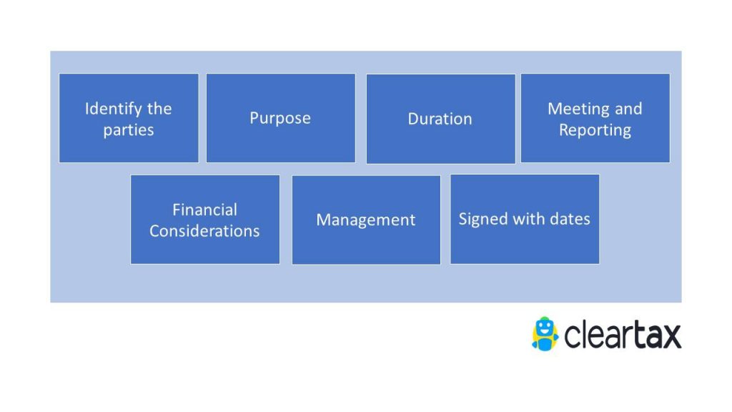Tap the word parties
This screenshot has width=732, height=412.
point(128,130)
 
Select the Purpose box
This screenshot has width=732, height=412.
point(280,118)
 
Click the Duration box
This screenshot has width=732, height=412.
point(440,119)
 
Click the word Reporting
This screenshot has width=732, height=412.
point(595,130)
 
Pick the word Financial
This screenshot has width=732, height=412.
point(204,210)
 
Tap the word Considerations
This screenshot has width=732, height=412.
point(204,231)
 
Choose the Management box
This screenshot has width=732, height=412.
point(366,220)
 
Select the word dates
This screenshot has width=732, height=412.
point(569,219)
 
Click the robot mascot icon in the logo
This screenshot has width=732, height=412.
point(545,333)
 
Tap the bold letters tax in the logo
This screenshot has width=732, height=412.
point(656,335)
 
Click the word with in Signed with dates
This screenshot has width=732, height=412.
point(528,219)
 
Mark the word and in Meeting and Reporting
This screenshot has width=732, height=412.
point(628,109)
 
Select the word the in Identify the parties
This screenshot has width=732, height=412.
point(159,109)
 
